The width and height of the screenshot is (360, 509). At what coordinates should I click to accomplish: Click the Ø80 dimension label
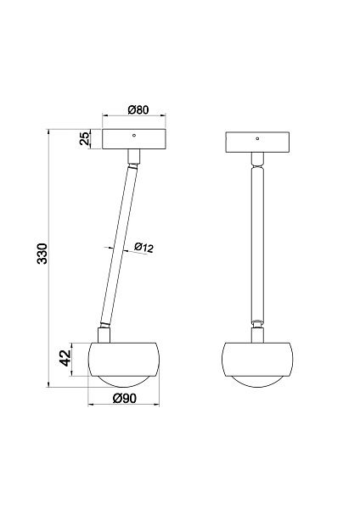pyautogui.click(x=138, y=109)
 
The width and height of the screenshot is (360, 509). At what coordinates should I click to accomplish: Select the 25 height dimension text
pyautogui.click(x=84, y=139)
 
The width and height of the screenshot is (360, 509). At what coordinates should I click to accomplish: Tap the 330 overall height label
pyautogui.click(x=42, y=254)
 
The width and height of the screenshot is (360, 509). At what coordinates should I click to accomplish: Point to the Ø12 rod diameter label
pyautogui.click(x=143, y=248)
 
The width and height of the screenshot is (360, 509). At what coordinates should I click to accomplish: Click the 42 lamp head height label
pyautogui.click(x=66, y=358)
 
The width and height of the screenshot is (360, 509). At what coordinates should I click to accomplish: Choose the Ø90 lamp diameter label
pyautogui.click(x=125, y=398)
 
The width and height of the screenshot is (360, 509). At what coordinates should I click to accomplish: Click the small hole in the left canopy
pyautogui.click(x=133, y=136)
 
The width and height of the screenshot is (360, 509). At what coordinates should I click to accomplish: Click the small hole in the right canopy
pyautogui.click(x=257, y=138)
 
